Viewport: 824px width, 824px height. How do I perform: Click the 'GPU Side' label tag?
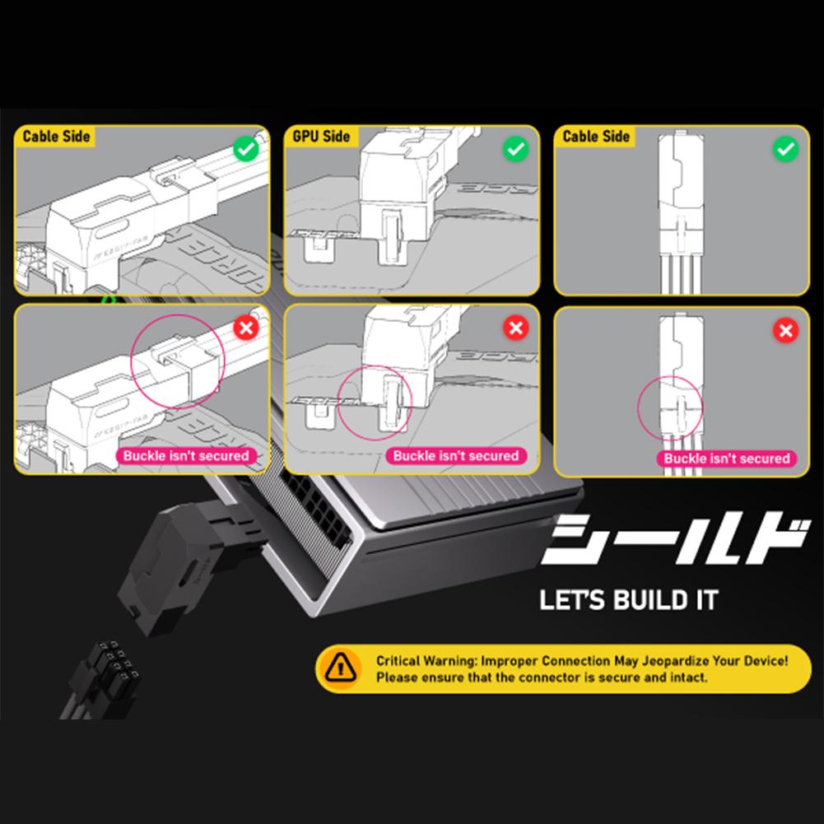[x=321, y=137]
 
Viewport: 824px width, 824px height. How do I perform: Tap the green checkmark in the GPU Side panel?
[x=515, y=150]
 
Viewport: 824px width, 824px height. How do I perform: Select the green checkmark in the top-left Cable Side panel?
[x=244, y=150]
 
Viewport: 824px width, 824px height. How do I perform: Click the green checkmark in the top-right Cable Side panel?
[x=786, y=150]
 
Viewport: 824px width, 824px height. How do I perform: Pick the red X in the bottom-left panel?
[x=244, y=329]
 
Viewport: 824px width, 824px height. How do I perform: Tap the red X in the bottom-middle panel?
[x=515, y=329]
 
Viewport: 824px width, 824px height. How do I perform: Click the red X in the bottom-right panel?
[x=786, y=331]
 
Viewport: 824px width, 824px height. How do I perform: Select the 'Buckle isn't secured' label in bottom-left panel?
[x=185, y=455]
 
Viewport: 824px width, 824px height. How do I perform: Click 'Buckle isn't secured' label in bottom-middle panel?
[x=455, y=455]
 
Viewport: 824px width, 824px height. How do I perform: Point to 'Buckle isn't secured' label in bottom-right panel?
[x=726, y=459]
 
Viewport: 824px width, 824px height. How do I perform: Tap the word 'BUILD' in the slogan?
[x=648, y=598]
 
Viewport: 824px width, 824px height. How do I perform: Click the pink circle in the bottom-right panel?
[x=669, y=406]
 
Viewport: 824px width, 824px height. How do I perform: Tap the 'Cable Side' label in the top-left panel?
[x=56, y=137]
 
